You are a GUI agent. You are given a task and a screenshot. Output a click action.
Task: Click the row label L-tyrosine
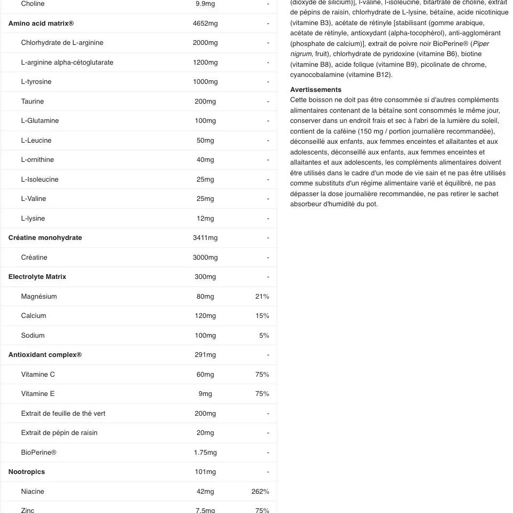coord(36,82)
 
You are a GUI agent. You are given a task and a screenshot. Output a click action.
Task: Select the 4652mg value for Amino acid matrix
coord(205,24)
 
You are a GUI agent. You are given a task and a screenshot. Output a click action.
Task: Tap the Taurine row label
coord(33,102)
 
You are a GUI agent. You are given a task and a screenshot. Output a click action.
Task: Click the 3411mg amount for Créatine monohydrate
coord(205,238)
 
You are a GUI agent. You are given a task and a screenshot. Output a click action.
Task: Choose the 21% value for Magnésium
coord(262,297)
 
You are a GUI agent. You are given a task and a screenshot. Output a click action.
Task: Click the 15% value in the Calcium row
coord(262,316)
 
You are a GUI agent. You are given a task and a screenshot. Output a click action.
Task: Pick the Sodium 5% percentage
coord(264,336)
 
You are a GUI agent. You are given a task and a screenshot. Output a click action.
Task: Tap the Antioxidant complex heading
coord(45,355)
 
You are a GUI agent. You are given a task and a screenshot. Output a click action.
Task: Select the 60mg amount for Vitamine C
coord(205,375)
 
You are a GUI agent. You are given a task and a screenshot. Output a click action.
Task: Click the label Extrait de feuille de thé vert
coord(63,414)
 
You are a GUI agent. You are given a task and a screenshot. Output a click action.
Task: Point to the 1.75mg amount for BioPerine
coord(205,453)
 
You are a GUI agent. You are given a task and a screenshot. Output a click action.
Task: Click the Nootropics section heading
coord(27,472)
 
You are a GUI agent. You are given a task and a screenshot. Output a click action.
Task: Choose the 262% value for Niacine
coord(260,492)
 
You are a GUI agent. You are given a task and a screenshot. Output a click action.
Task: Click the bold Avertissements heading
coord(316,90)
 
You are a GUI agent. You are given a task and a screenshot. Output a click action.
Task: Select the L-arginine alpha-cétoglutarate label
coord(67,63)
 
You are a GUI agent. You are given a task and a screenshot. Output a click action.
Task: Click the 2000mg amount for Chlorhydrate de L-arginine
coord(205,43)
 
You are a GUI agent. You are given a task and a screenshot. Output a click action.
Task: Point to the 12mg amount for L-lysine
coord(205,219)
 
